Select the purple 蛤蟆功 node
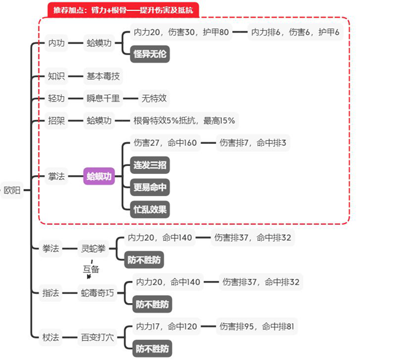click(x=99, y=176)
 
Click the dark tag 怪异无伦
click(x=150, y=54)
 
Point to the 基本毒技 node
click(x=103, y=77)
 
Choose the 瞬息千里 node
click(x=103, y=98)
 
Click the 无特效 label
click(x=154, y=98)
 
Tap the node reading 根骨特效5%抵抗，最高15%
click(x=184, y=121)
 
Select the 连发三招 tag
click(x=150, y=165)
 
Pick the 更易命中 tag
click(x=150, y=187)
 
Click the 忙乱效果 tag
click(x=150, y=209)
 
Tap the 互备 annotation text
click(x=91, y=268)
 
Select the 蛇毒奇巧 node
click(x=97, y=293)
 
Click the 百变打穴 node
click(x=97, y=337)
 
